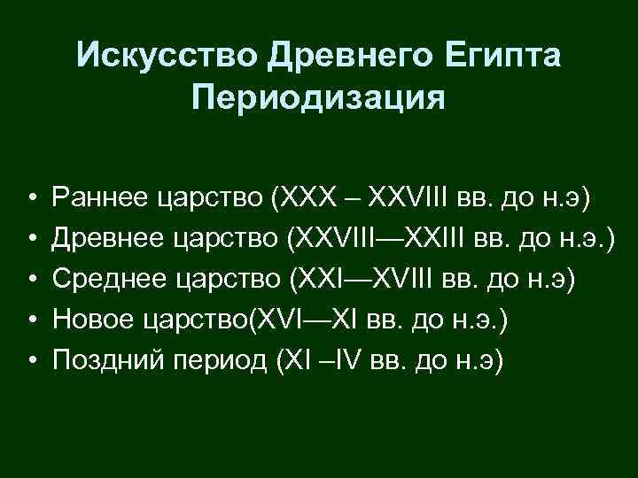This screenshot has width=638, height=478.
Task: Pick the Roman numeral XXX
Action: pyautogui.click(x=308, y=196)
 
